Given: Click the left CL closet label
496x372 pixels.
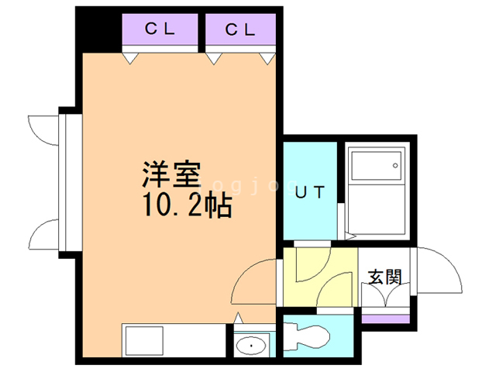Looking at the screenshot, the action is tap(160, 29).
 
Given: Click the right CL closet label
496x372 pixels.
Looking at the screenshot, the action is tap(240, 29).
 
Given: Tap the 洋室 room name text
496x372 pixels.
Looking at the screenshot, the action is tap(172, 174).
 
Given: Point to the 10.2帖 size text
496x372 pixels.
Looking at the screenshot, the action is tap(188, 205).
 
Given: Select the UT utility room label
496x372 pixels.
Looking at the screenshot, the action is tap(310, 192).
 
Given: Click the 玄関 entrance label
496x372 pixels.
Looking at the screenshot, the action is tap(385, 277).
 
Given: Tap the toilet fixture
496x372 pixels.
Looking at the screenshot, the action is tap(306, 336).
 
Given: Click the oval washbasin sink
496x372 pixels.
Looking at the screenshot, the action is tap(251, 346).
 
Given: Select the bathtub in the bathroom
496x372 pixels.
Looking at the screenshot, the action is tap(377, 191).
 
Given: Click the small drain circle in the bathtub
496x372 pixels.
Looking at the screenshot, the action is tap(395, 165).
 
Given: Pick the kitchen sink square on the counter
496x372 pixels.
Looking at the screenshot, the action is tap(145, 341).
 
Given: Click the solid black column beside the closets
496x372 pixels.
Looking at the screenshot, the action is tap(98, 29).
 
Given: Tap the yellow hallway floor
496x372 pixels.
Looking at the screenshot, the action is tap(320, 277).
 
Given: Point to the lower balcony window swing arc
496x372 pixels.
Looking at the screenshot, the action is tap(40, 229).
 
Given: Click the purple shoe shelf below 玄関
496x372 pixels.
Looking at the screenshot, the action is tap(386, 319).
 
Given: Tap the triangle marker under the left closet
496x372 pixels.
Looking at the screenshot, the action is tap(130, 58).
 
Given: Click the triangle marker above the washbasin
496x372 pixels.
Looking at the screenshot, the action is tap(238, 319).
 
